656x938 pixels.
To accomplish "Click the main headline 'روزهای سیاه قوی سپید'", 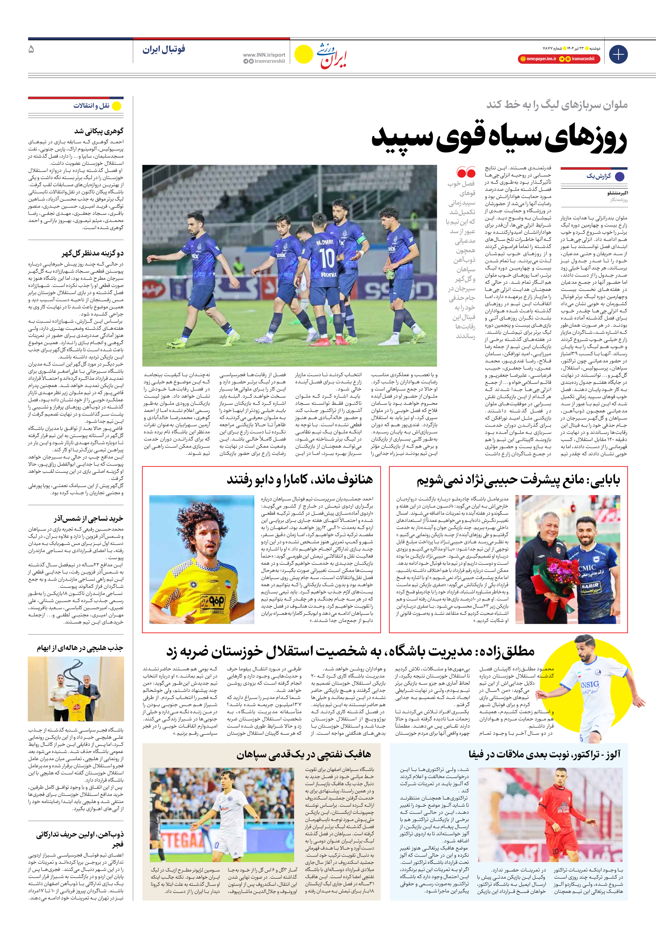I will click(x=499, y=140).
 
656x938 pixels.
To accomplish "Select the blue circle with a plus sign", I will click(x=618, y=54).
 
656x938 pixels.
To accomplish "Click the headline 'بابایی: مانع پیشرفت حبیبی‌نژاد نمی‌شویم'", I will click(x=518, y=480).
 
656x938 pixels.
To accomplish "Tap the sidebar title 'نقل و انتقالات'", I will click(x=91, y=106).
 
